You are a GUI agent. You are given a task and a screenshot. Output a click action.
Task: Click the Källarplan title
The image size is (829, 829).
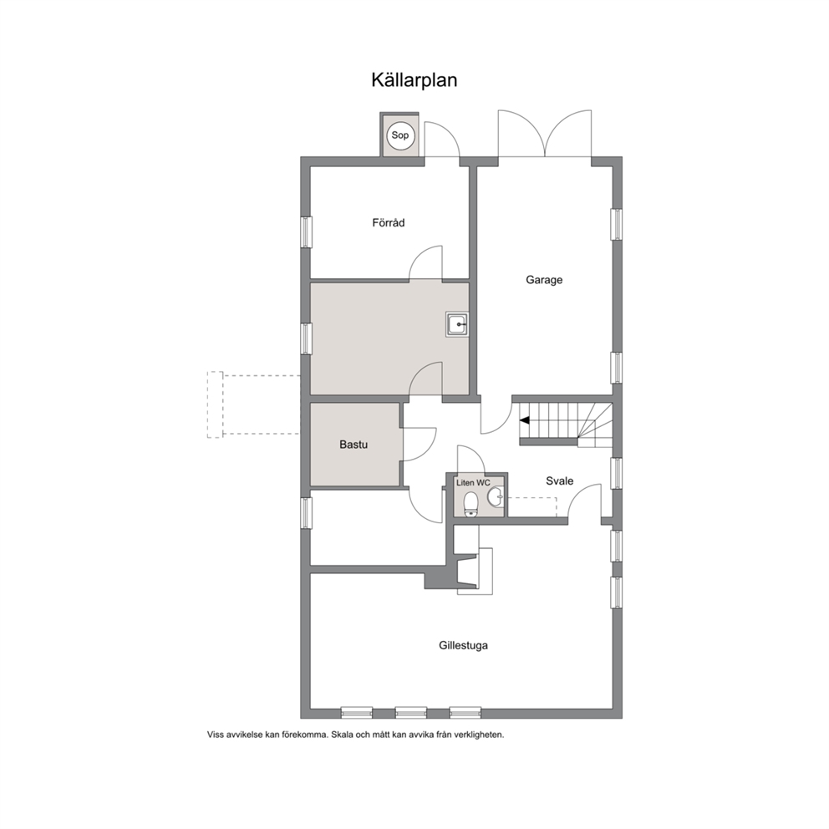[414, 80]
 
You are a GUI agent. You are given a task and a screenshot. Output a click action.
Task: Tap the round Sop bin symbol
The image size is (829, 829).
[400, 135]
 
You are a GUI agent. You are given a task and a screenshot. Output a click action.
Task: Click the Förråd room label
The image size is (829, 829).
[389, 222]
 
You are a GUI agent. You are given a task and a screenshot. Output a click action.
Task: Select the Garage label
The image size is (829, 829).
[544, 280]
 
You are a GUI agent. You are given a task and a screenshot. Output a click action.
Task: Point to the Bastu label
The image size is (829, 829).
[353, 445]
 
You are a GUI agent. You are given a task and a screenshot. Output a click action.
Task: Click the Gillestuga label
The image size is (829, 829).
[463, 645]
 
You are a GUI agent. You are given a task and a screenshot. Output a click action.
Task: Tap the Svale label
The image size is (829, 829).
[559, 481]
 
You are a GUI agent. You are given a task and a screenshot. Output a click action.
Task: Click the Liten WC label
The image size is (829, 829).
[473, 483]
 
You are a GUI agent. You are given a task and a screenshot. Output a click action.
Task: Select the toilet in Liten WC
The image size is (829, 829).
[470, 504]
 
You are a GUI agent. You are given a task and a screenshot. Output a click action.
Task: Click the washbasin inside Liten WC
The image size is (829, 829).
[496, 496]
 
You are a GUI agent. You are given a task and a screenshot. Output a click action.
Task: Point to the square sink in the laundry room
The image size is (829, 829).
[457, 324]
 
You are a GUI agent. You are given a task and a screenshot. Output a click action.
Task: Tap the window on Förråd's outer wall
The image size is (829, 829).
[306, 231]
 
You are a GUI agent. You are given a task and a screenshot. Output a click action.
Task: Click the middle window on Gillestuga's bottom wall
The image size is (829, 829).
[411, 713]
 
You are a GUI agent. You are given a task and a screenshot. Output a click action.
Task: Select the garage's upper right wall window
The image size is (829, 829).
[617, 224]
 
